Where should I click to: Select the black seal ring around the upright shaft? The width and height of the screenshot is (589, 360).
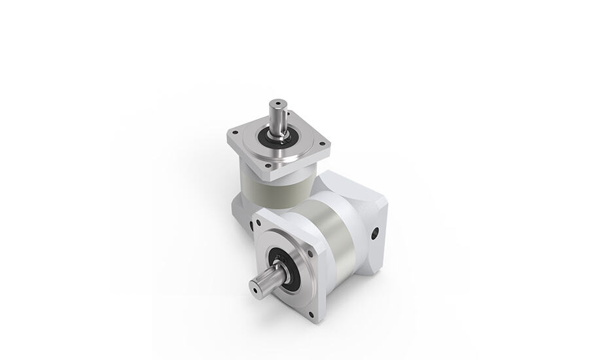coord(278,139)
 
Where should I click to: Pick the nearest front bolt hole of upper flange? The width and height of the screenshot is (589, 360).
coord(269,166)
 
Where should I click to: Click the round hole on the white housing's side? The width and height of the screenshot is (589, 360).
coord(375,232)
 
